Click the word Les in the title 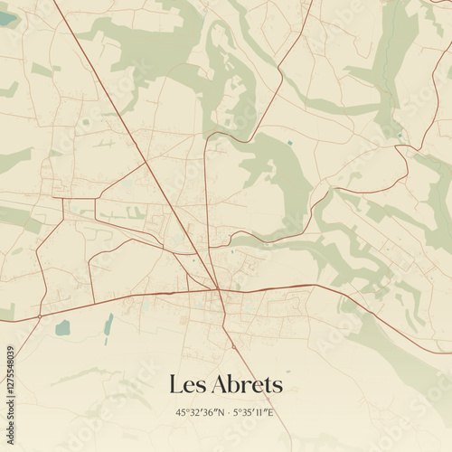tap(187, 384)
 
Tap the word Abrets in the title tap(247, 384)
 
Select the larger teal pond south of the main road tap(62, 327)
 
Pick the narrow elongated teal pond tap(108, 324)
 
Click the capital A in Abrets tap(220, 384)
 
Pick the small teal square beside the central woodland tap(289, 143)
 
